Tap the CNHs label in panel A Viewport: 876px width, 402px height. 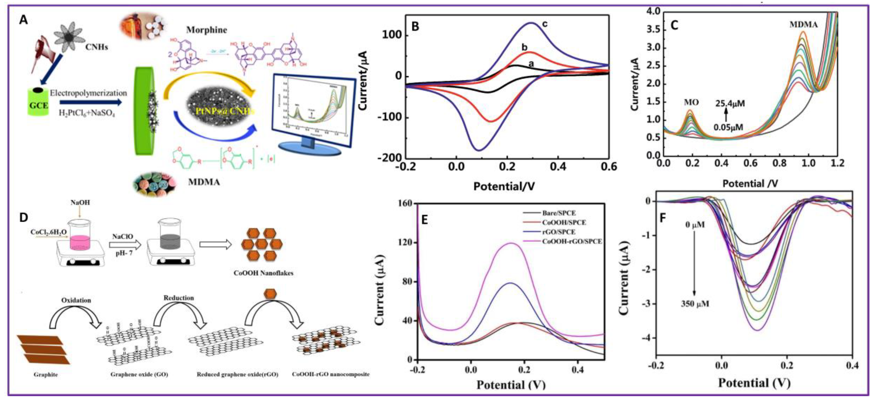[x=97, y=47]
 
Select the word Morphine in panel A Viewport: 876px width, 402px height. [x=207, y=30]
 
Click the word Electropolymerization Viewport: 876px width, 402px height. [x=88, y=93]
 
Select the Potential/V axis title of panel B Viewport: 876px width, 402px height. [x=504, y=186]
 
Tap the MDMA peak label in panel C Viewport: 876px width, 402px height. [x=803, y=24]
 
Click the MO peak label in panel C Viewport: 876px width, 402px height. [x=691, y=102]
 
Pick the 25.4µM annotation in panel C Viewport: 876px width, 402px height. [x=730, y=103]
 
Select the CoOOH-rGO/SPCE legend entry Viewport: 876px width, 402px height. [x=572, y=241]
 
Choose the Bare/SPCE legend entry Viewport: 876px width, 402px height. [x=559, y=213]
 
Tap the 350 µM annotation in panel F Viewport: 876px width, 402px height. [x=695, y=303]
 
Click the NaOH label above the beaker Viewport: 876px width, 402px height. [x=80, y=203]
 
